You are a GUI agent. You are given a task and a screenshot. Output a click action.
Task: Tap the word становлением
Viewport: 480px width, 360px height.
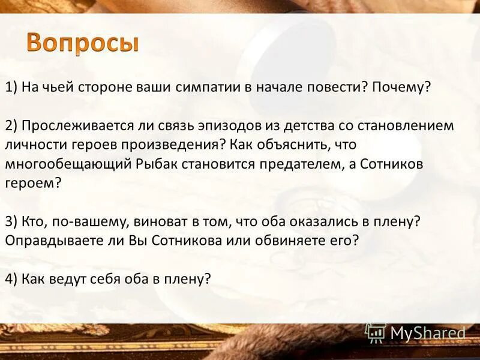(x=408, y=126)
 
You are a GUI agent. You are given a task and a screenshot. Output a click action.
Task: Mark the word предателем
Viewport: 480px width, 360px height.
(x=303, y=164)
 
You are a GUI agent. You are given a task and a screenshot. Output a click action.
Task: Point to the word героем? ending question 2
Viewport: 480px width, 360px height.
(x=33, y=183)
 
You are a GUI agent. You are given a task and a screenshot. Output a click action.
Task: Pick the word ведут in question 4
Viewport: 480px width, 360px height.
(x=77, y=279)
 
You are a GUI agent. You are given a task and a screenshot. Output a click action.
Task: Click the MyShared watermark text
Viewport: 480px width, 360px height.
(x=427, y=332)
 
